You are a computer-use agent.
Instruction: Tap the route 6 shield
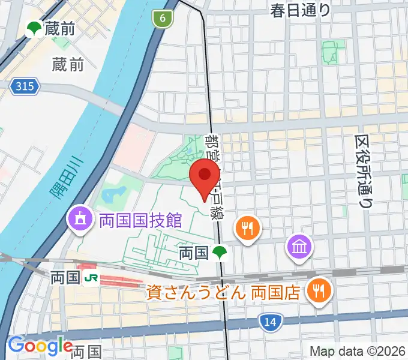click(162, 19)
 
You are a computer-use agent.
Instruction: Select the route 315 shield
click(25, 88)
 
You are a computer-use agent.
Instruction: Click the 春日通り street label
click(300, 10)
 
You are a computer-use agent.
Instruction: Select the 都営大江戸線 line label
click(214, 174)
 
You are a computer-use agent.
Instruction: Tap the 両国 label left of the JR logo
click(65, 278)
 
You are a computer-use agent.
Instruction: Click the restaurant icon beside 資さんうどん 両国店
click(316, 291)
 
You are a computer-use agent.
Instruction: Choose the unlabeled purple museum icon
click(298, 245)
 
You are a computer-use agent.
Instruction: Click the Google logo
click(40, 345)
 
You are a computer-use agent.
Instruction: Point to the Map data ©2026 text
click(356, 351)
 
